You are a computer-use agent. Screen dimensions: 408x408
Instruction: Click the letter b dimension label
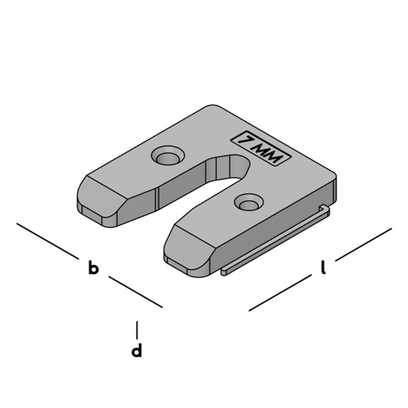(93, 269)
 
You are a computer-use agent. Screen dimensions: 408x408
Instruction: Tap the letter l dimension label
(323, 268)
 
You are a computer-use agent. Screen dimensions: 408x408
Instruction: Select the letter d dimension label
(137, 351)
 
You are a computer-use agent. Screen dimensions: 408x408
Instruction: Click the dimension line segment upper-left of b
(47, 241)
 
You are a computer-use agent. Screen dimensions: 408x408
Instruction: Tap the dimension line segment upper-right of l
(363, 244)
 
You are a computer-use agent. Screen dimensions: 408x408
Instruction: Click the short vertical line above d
(137, 329)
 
